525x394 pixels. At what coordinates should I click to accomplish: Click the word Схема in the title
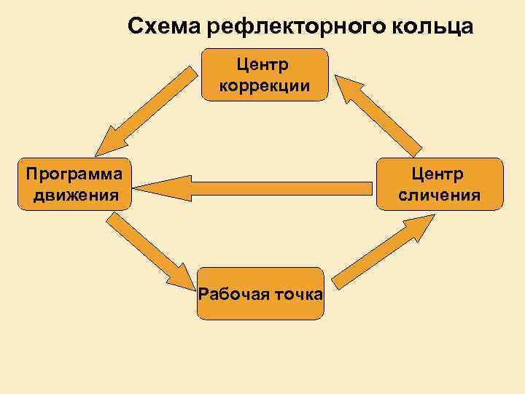coord(164,27)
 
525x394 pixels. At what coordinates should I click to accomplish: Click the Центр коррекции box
coord(265,74)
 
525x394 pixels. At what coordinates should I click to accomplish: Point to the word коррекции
coord(265,86)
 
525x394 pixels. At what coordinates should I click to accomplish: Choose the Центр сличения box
coord(439,184)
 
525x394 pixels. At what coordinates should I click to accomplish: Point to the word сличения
coord(439,195)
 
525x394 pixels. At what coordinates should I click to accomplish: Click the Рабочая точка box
coord(260,293)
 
